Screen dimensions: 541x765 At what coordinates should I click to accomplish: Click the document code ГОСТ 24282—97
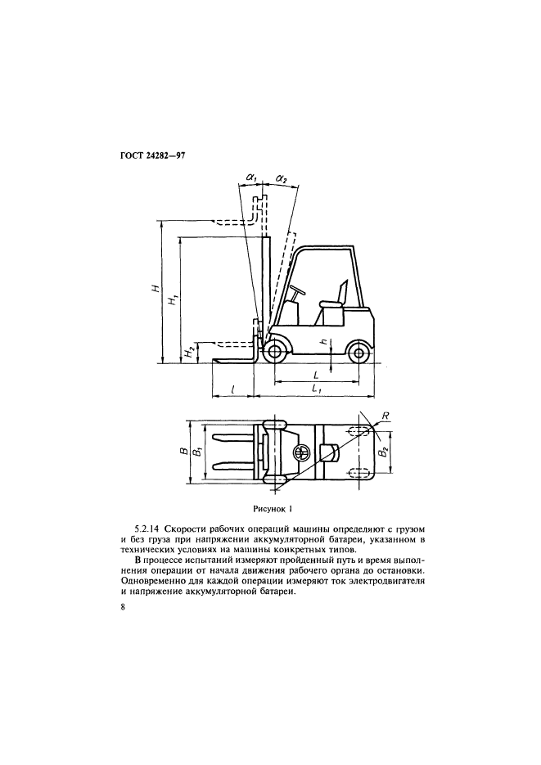tap(154, 157)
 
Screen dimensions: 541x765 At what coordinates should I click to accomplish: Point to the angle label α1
tap(252, 178)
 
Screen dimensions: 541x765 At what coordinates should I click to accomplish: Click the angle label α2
tap(282, 179)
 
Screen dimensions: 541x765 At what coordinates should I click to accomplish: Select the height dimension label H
tap(156, 288)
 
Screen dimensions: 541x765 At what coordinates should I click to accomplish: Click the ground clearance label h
tap(323, 343)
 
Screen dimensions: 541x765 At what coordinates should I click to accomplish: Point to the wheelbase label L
tap(316, 376)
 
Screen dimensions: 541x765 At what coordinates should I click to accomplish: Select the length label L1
tap(316, 389)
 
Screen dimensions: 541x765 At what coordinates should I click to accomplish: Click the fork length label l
tap(232, 389)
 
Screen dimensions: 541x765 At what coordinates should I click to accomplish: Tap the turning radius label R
tap(385, 415)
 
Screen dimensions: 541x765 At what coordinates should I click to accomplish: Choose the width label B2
tap(384, 452)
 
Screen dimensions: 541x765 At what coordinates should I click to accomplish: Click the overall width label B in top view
tap(182, 452)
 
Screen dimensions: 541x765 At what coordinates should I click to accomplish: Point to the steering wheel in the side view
tap(297, 290)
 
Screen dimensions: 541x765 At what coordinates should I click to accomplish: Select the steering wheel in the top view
tap(300, 452)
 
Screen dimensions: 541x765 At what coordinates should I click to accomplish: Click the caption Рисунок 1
tap(273, 510)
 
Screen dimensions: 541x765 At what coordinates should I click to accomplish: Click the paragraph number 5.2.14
tap(148, 529)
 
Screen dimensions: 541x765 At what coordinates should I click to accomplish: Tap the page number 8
tap(122, 607)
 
